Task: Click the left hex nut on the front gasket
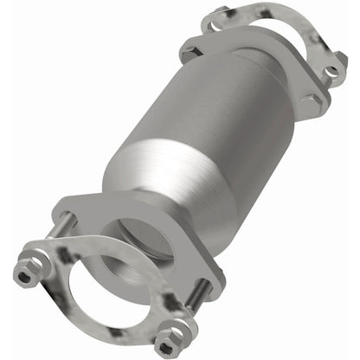point(25,275)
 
